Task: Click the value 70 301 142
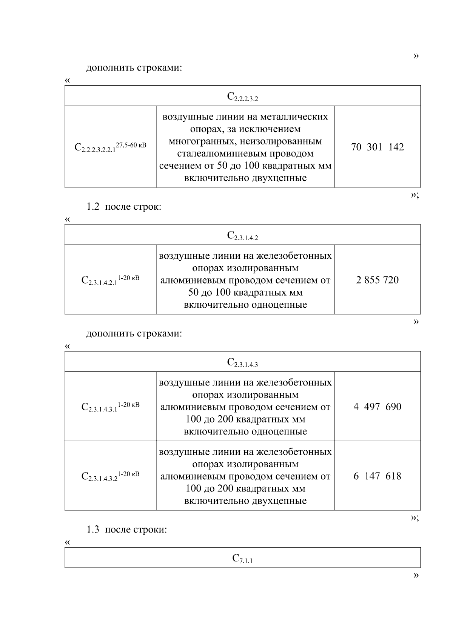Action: [377, 147]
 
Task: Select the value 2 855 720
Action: [377, 280]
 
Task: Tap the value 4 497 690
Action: [377, 407]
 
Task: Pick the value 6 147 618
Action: [377, 476]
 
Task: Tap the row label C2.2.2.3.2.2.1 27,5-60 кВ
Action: [110, 147]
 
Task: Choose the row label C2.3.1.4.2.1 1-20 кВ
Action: [110, 280]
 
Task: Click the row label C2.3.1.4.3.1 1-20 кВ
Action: [110, 407]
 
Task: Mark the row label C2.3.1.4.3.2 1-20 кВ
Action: [110, 476]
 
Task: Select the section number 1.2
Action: [92, 207]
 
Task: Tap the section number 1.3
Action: [92, 529]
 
